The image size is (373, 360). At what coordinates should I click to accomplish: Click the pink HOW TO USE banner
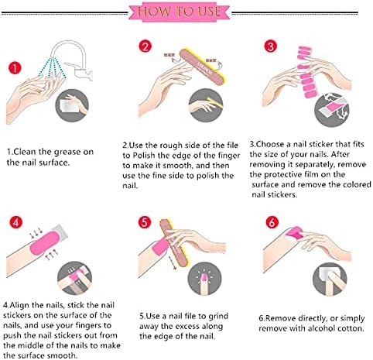pos(179,12)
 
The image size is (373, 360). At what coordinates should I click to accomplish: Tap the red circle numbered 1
pos(15,68)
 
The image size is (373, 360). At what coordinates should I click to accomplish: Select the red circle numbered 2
pos(145,46)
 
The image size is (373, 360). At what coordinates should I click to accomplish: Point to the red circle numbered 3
pos(271,46)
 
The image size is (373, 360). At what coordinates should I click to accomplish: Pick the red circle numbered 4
pos(16,222)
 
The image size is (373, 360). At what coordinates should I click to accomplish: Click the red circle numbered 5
pos(145,222)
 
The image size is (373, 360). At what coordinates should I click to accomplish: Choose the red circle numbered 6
pos(272,222)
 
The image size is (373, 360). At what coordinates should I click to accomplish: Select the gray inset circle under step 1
pos(72,105)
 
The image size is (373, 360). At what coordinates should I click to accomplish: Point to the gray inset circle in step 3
pos(331,110)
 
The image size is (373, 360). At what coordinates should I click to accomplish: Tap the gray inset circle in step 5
pos(205,279)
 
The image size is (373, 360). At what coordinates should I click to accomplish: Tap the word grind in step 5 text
pos(218,317)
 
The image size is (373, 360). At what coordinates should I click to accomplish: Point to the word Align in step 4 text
pos(19,306)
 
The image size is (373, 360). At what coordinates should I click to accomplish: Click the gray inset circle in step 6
pos(330,279)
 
